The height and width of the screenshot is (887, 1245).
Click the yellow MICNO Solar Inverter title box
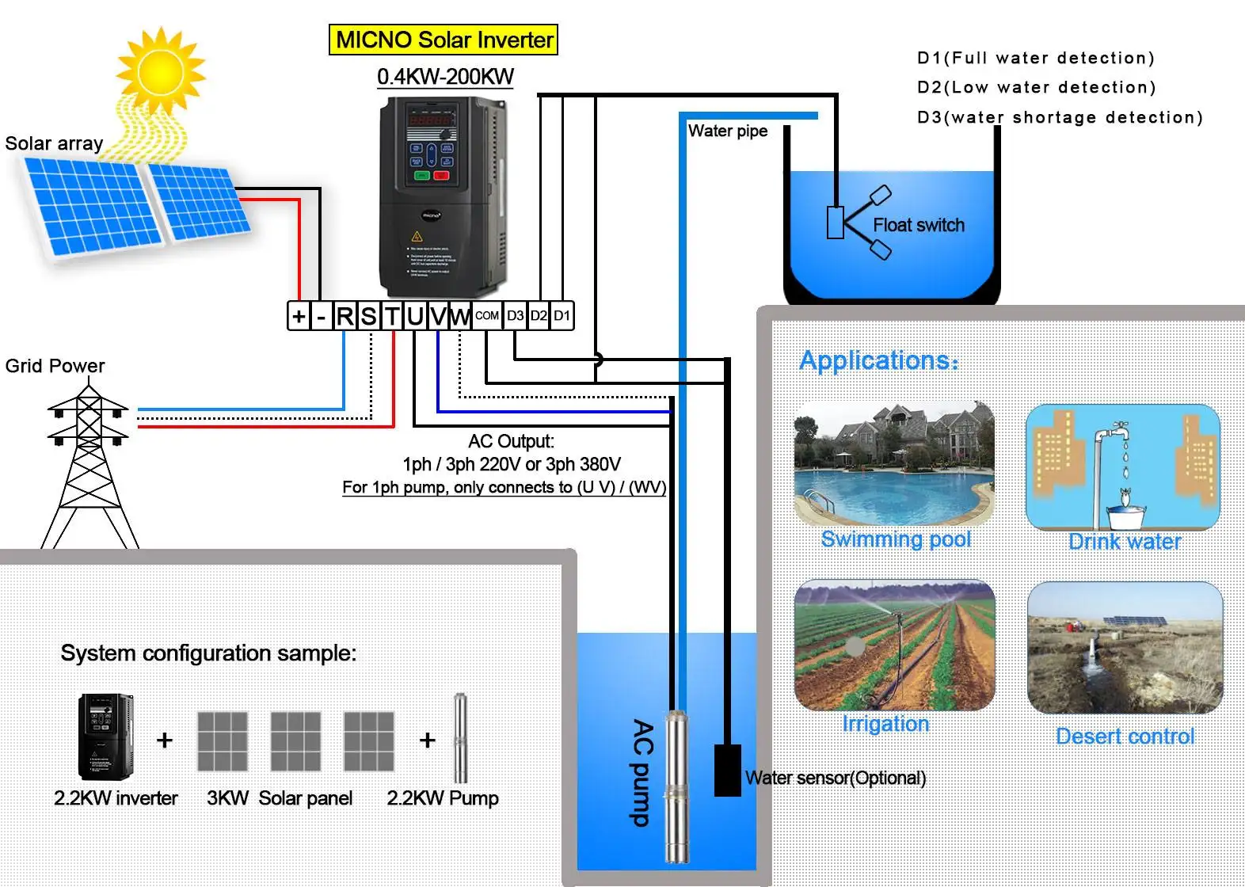click(444, 40)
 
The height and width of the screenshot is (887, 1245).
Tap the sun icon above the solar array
click(160, 70)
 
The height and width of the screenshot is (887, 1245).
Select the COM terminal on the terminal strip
click(486, 315)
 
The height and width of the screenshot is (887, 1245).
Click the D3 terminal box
click(515, 315)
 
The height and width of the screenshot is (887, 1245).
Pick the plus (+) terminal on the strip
click(299, 316)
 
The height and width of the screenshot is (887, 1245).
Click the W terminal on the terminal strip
click(460, 316)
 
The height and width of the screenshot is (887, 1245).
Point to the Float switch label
click(918, 225)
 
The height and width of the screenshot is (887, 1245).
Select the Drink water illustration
click(1123, 467)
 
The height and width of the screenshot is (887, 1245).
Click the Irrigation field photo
click(894, 645)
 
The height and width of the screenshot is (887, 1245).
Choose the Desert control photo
click(1125, 648)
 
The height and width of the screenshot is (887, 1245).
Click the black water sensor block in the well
click(727, 770)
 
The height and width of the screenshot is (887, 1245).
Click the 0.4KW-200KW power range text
click(445, 77)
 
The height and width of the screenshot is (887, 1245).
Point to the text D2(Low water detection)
click(1036, 87)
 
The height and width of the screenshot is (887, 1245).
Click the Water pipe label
click(727, 131)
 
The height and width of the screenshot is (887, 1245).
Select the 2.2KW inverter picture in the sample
click(105, 737)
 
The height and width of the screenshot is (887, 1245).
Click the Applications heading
click(878, 360)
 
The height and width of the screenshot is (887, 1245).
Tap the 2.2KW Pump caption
click(442, 798)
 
